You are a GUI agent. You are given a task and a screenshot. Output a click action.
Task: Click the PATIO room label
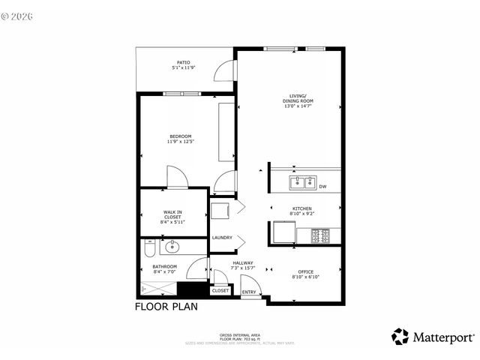(x=183, y=62)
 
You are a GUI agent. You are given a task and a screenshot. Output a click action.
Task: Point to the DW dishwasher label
(x=322, y=187)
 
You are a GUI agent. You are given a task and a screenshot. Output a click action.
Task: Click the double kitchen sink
(x=303, y=182)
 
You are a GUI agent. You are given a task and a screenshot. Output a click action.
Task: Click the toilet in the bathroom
(x=149, y=244)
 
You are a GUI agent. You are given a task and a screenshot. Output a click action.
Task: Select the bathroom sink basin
(x=172, y=246)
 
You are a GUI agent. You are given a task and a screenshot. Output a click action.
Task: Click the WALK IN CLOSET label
(x=172, y=217)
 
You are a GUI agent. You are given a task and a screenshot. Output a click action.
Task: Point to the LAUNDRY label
(x=222, y=238)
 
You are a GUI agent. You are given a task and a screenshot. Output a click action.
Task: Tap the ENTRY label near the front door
(x=248, y=291)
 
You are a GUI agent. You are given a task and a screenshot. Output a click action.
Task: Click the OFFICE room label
(x=304, y=271)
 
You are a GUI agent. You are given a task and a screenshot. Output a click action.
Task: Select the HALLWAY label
(x=243, y=262)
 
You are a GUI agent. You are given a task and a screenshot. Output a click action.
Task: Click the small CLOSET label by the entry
(x=220, y=290)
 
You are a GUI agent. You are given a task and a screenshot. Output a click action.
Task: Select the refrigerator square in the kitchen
(x=283, y=234)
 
